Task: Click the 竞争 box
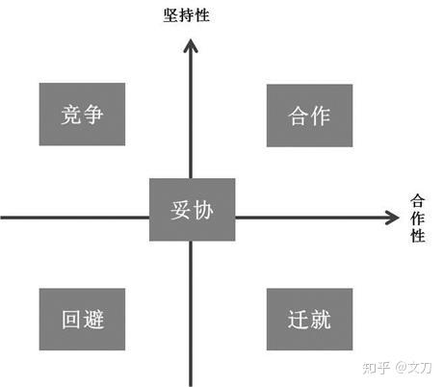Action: tap(82, 115)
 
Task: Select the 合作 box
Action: tap(309, 116)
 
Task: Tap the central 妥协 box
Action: tap(193, 210)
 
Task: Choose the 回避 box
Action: tap(82, 320)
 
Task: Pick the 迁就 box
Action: tap(309, 320)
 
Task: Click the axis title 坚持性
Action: tap(187, 15)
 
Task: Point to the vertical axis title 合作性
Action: tap(418, 218)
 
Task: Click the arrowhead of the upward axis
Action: tap(191, 45)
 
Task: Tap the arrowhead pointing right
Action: tap(392, 218)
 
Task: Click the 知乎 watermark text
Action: tap(377, 368)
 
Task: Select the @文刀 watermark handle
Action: tap(413, 368)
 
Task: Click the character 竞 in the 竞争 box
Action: tap(71, 115)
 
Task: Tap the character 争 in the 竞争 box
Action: tap(92, 115)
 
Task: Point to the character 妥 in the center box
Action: tap(181, 210)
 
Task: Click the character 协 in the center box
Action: tap(203, 210)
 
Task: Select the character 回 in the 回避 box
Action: tap(71, 320)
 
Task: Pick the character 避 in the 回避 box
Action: tap(93, 320)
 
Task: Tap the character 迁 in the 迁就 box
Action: tap(299, 320)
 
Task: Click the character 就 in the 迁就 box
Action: tap(321, 320)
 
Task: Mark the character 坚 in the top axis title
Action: tap(171, 15)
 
